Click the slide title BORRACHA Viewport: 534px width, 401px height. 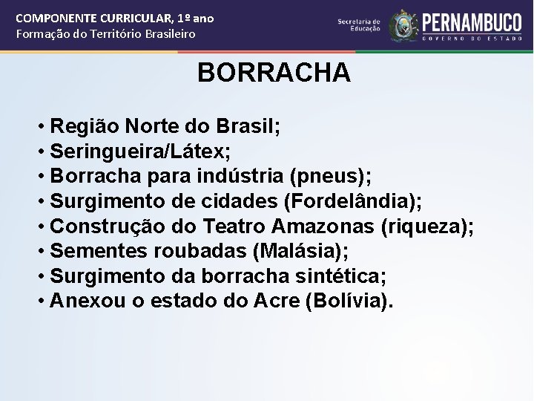tap(274, 73)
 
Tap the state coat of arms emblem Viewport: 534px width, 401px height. tap(403, 25)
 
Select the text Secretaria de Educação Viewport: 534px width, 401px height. tap(359, 25)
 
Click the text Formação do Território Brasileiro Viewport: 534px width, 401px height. tap(105, 34)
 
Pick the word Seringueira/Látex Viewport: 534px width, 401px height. tap(140, 151)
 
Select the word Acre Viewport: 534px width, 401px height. tap(277, 301)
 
